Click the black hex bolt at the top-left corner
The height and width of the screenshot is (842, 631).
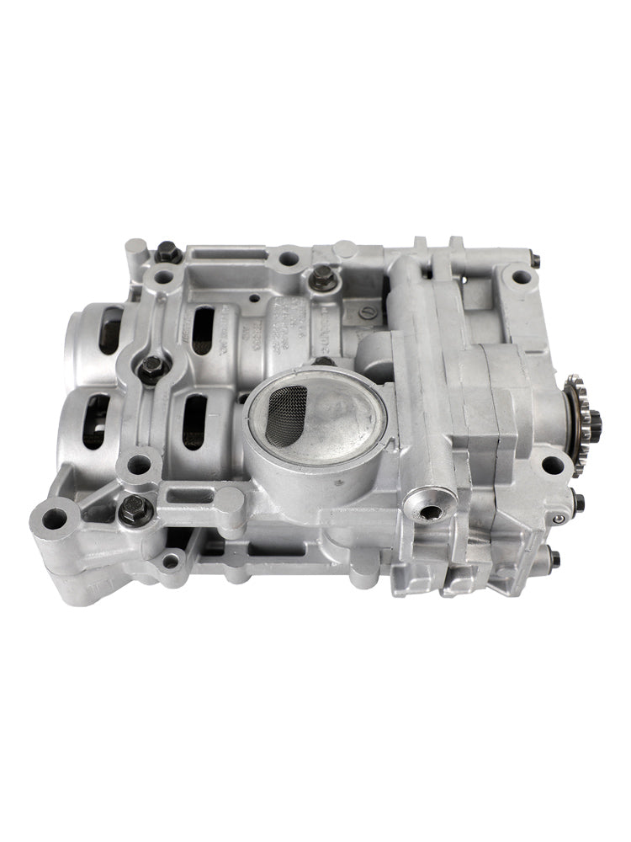click(167, 250)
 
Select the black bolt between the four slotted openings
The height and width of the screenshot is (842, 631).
click(153, 366)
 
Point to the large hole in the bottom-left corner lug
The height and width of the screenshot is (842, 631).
click(56, 518)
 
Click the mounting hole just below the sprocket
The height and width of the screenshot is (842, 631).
click(552, 463)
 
